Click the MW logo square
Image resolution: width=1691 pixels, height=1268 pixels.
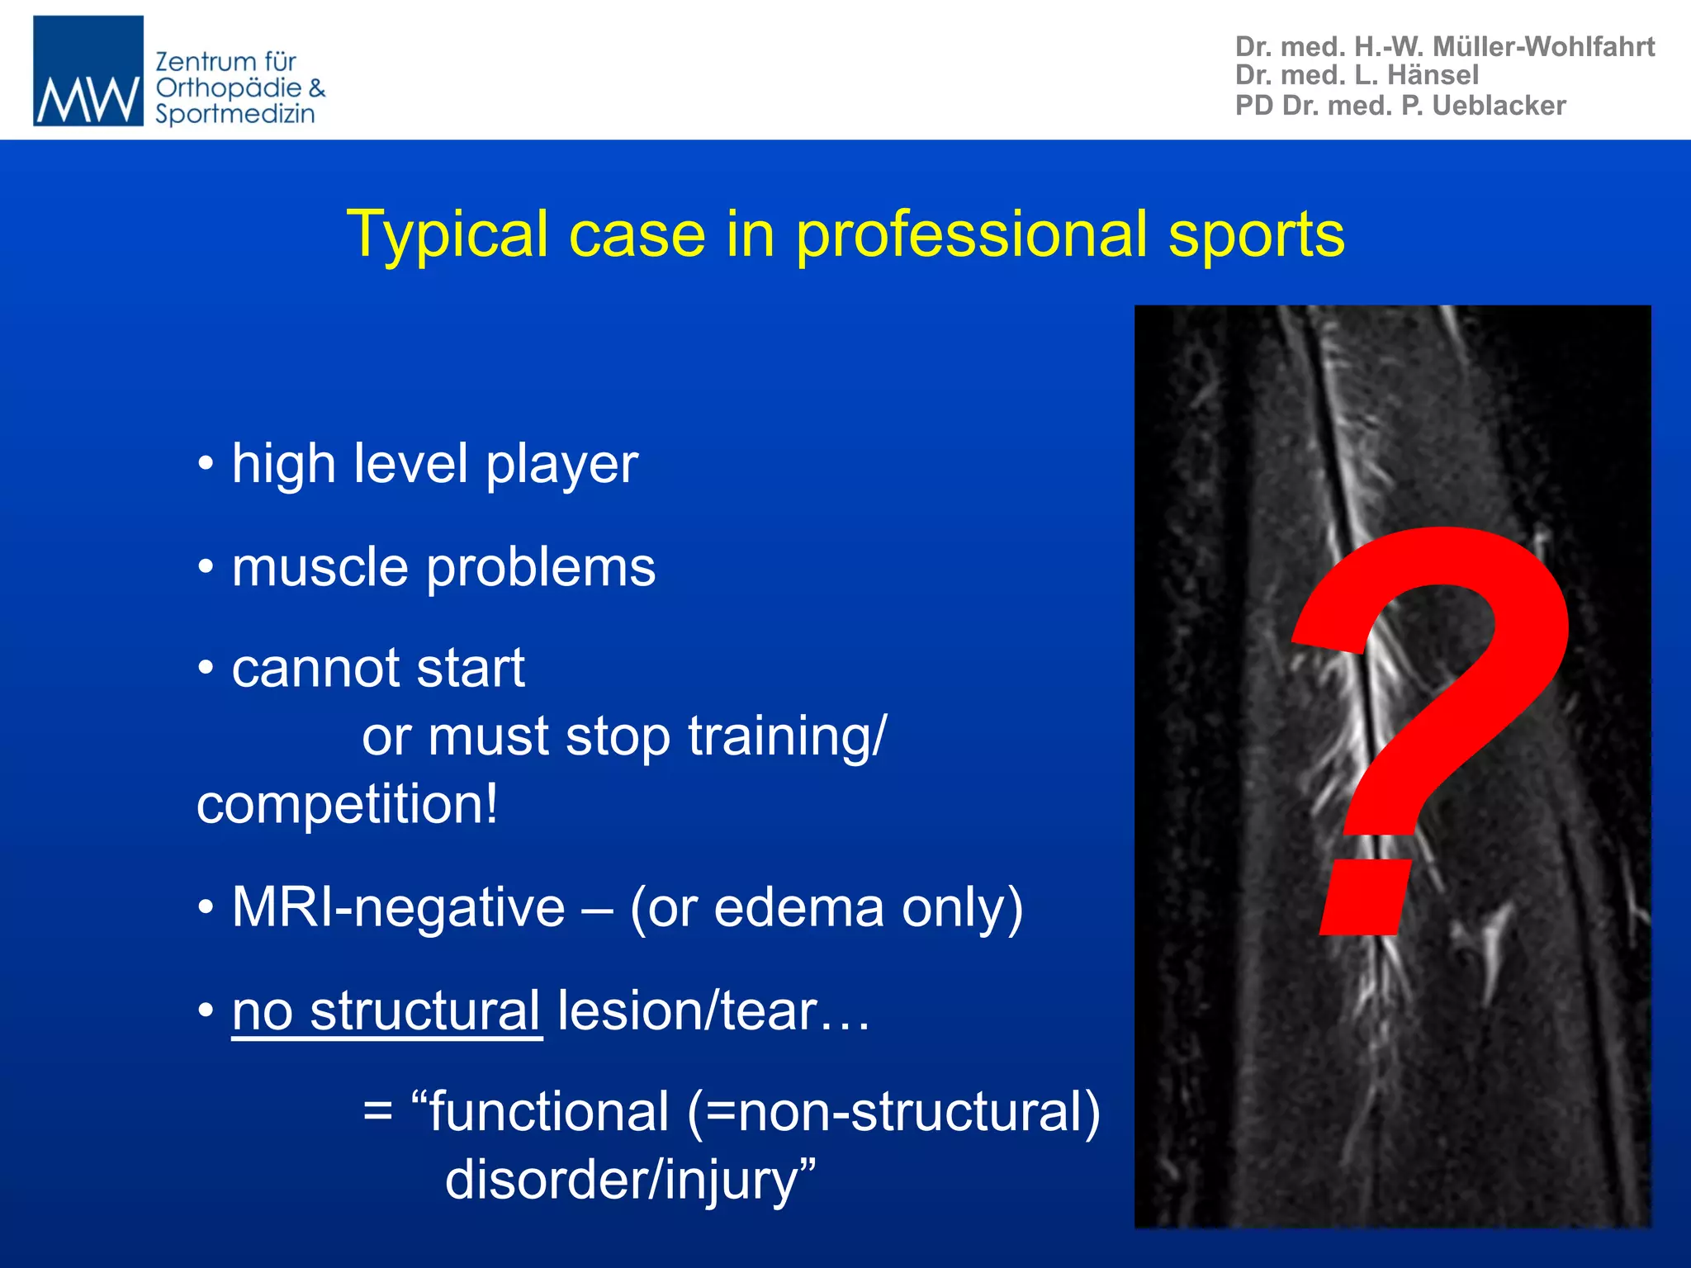coord(88,71)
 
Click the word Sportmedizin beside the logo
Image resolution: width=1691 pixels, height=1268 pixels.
coord(235,114)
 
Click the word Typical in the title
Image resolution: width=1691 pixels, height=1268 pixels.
coord(447,234)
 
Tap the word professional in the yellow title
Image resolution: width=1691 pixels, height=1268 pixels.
coord(971,234)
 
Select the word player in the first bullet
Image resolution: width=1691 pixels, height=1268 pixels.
coord(561,465)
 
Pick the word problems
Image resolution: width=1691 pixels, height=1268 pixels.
coord(541,568)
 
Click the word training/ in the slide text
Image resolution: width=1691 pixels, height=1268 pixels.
coord(787,736)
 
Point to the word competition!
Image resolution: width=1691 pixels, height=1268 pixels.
coord(348,804)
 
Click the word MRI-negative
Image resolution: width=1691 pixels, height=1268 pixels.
coord(398,908)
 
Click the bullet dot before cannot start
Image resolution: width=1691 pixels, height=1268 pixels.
coord(206,667)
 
